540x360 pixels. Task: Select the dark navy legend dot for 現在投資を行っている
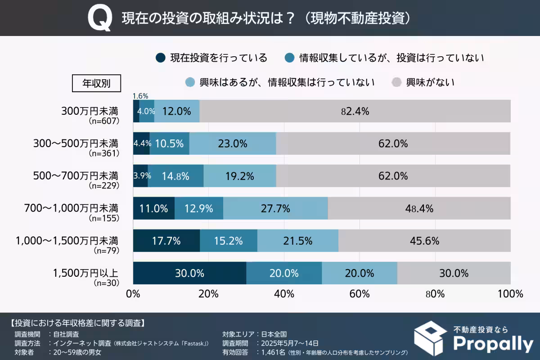pyautogui.click(x=160, y=58)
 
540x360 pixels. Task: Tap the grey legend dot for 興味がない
pyautogui.click(x=396, y=82)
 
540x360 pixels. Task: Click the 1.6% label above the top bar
pyautogui.click(x=140, y=95)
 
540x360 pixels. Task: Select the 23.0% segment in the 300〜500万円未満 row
pyautogui.click(x=233, y=144)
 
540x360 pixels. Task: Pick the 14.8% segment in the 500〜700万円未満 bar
pyautogui.click(x=175, y=176)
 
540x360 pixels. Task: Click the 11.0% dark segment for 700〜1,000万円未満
pyautogui.click(x=154, y=208)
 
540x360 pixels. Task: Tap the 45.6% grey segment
pyautogui.click(x=424, y=241)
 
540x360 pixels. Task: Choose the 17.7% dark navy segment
pyautogui.click(x=166, y=241)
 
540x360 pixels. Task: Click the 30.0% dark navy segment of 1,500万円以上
pyautogui.click(x=190, y=273)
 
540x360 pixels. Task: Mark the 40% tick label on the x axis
pyautogui.click(x=284, y=294)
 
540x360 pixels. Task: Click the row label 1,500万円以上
pyautogui.click(x=85, y=273)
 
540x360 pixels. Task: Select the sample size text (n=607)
pyautogui.click(x=103, y=121)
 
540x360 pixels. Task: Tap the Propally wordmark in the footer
pyautogui.click(x=492, y=343)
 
